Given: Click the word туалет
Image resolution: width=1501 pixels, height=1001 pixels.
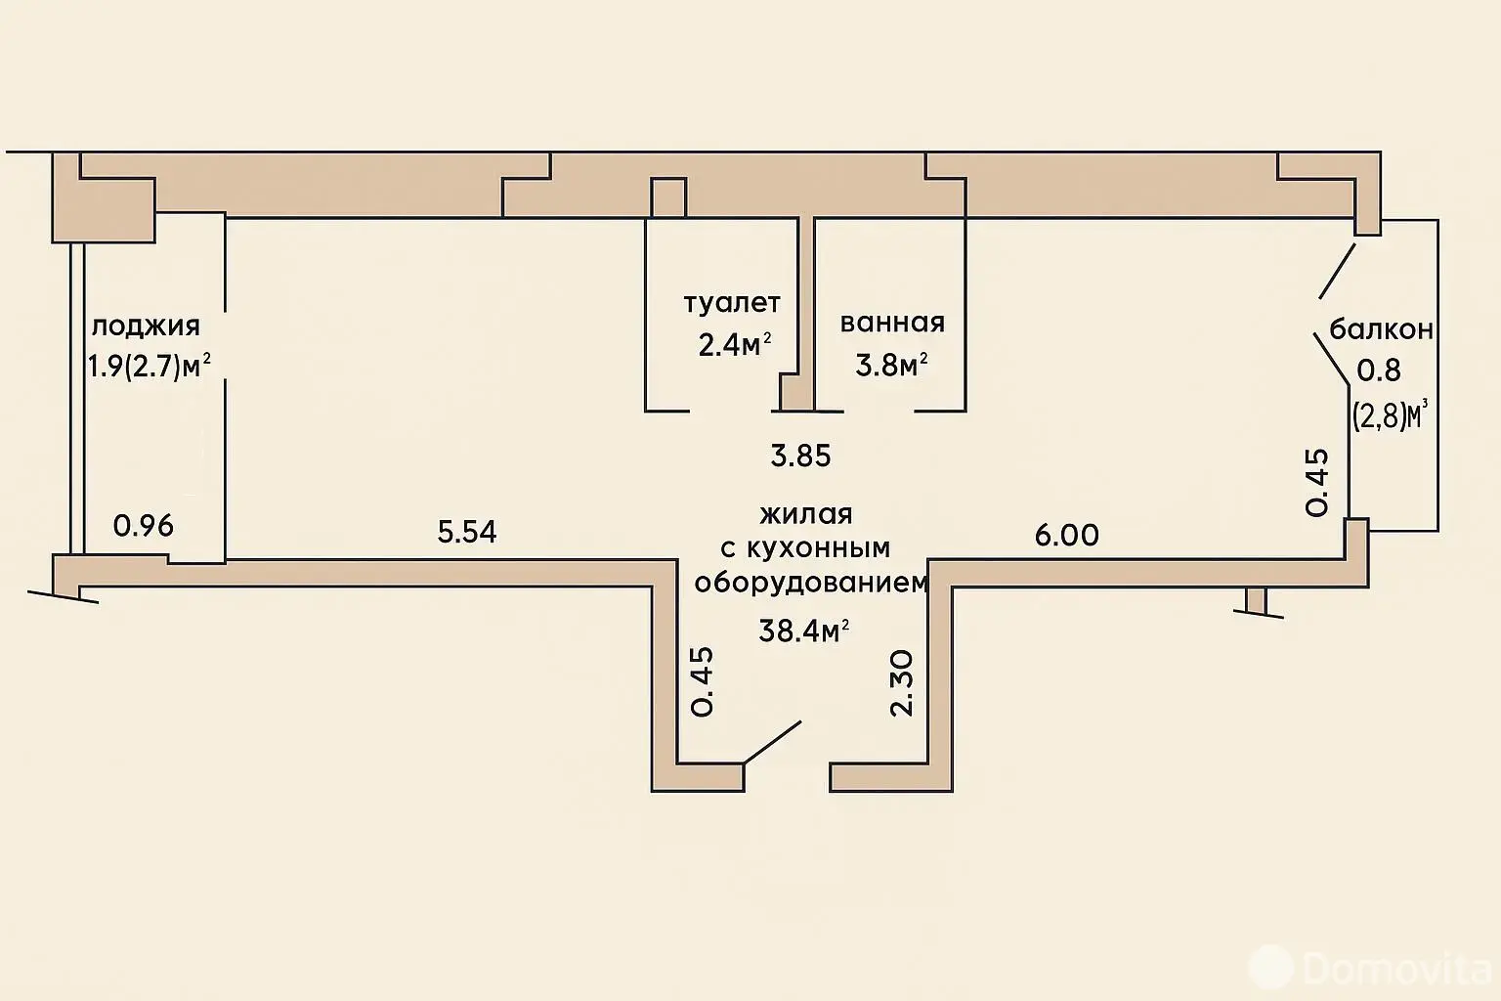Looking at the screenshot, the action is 732,304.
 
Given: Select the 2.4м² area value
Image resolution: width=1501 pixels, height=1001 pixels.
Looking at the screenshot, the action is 735,345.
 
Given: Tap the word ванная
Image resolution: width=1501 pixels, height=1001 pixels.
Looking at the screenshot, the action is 892,324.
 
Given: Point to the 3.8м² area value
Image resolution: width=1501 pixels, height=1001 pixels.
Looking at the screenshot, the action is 891,366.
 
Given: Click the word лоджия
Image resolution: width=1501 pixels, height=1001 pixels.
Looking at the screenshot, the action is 146,327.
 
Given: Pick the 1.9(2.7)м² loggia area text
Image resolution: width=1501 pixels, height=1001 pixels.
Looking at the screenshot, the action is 149,367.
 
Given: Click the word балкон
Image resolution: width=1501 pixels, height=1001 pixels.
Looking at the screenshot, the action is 1381,329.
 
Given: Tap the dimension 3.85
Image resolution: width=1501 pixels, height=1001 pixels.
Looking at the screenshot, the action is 800,456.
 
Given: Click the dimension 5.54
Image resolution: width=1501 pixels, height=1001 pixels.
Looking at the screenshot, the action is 467,533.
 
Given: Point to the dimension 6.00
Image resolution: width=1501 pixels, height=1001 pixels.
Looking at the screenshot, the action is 1067,535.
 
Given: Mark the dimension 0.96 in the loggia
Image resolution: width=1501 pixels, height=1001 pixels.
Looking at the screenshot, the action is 144,526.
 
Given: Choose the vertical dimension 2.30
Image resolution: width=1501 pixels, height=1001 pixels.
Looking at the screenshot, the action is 902,683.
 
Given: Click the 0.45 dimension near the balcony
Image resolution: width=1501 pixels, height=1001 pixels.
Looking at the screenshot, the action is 1316,482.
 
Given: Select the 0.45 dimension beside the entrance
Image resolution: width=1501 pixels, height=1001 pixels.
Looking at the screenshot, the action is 702,682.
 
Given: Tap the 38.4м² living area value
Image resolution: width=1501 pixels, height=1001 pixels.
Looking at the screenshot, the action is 804,631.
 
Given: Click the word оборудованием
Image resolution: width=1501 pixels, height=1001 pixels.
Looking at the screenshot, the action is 811,583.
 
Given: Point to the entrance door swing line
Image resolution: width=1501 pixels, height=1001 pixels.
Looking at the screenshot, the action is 772,742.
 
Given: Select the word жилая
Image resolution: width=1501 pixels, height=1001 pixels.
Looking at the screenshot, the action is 805,515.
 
